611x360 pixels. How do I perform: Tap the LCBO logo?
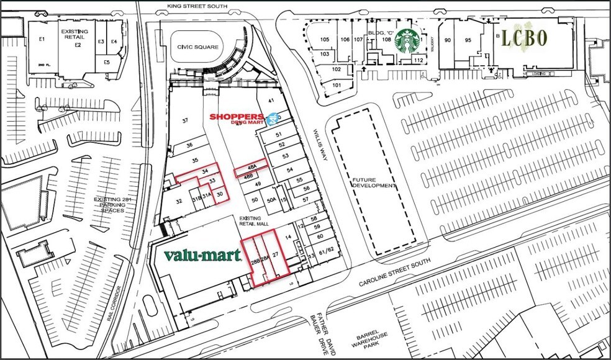click(525, 38)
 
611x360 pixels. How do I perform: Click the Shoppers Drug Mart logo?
click(240, 118)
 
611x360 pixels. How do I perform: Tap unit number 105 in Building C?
click(324, 40)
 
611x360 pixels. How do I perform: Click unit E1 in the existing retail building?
click(42, 39)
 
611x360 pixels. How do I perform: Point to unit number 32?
click(179, 201)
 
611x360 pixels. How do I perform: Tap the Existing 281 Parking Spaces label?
click(110, 205)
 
